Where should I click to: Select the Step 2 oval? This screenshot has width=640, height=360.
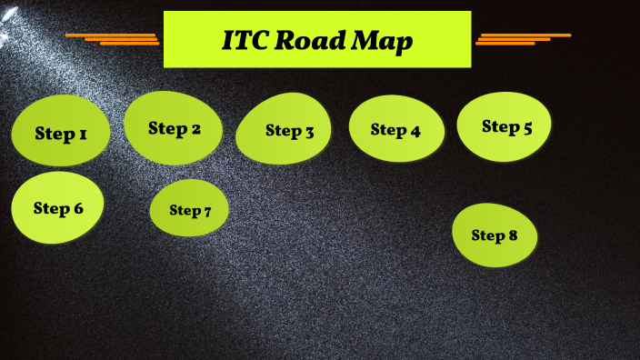click(x=174, y=128)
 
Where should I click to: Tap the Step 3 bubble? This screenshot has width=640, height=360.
click(x=284, y=130)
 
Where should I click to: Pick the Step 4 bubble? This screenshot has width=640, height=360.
click(x=396, y=129)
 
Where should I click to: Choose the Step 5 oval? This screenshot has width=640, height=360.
click(x=504, y=125)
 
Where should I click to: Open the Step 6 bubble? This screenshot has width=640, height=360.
click(x=57, y=207)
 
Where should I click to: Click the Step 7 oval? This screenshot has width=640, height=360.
click(x=189, y=209)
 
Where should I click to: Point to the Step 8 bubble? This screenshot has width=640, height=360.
click(x=495, y=235)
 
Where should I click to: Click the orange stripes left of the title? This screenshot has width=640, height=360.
click(x=114, y=38)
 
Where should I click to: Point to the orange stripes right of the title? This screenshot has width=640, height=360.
click(x=521, y=38)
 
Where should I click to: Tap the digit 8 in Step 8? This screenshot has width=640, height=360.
click(x=513, y=235)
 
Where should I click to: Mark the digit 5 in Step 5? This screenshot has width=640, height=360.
click(x=527, y=127)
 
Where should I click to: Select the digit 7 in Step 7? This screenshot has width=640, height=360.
click(x=206, y=212)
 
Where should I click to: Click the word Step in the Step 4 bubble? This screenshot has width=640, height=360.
click(x=388, y=130)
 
